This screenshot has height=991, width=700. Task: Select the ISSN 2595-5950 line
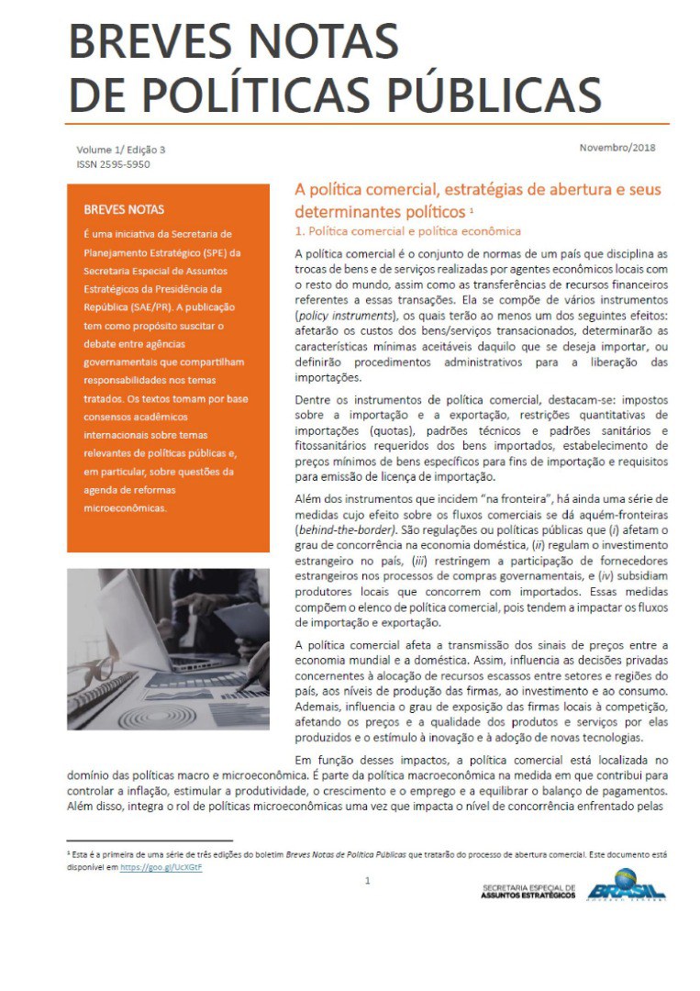point(114,164)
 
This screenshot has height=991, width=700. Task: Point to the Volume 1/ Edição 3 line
point(120,150)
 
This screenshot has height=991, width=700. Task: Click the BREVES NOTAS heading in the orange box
point(124,209)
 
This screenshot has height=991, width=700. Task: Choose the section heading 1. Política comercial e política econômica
point(407,231)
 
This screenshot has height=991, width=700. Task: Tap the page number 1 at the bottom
point(367,881)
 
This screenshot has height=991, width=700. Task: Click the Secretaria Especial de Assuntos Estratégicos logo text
point(528,892)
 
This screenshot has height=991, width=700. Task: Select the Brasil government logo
point(627,885)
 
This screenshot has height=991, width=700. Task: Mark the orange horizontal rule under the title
point(367,123)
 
